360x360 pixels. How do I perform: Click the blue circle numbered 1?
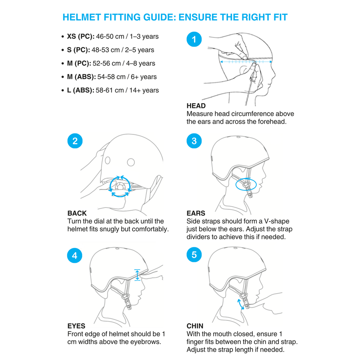194,39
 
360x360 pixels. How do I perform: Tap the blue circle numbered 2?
75,141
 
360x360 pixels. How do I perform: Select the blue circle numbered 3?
194,141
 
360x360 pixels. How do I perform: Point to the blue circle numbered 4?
75,256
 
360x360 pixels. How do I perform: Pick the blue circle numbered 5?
194,255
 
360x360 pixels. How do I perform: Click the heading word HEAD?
196,106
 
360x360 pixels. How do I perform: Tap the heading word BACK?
77,213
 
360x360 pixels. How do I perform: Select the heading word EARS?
196,213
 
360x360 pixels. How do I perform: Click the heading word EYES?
76,326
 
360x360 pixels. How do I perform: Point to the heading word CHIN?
195,326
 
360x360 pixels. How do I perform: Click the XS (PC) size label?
80,36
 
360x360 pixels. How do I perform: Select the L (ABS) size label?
80,90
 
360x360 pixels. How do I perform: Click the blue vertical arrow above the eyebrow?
137,275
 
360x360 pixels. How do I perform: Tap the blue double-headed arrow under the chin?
241,304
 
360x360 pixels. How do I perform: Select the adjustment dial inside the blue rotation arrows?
120,186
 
